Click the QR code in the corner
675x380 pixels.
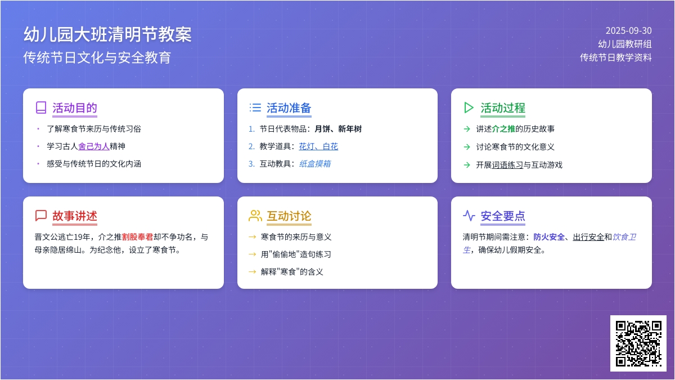pos(638,343)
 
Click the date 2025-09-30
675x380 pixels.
pos(629,31)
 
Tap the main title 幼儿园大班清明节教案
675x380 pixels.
pos(107,34)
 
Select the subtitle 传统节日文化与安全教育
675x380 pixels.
pos(97,57)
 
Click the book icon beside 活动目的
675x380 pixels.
pos(41,108)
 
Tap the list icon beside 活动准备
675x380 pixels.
pos(255,108)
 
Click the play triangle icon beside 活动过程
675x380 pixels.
pos(469,108)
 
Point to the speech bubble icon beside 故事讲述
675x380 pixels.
pos(41,216)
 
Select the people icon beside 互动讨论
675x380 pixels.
pos(255,216)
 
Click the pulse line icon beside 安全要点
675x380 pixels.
pos(469,216)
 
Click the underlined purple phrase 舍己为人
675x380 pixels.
pos(94,146)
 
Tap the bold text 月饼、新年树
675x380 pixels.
pos(338,129)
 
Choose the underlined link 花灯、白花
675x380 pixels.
pos(318,146)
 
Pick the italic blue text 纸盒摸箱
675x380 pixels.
pos(315,164)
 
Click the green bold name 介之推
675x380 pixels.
pos(503,129)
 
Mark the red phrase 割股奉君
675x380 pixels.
pos(138,237)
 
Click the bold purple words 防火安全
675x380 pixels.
pos(549,237)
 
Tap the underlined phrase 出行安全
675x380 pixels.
pos(588,237)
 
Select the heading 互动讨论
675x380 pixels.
pos(289,216)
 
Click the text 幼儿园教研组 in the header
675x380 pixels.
pos(625,44)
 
